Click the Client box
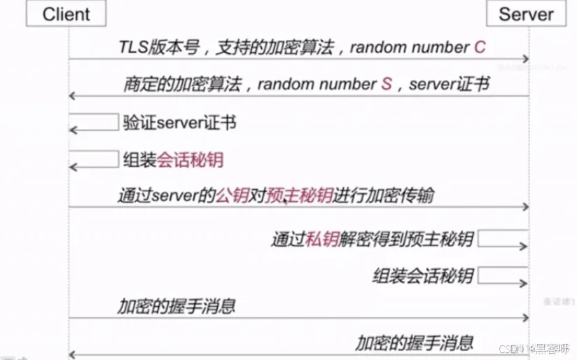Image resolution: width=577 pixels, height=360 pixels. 67,13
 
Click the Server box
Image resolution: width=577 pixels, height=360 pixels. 526,13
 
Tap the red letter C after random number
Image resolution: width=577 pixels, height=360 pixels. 479,48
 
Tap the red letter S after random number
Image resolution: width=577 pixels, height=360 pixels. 387,84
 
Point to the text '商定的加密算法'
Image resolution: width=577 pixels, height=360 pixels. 183,84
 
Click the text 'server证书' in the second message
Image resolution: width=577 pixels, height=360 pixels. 449,84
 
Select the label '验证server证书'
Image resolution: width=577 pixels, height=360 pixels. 179,123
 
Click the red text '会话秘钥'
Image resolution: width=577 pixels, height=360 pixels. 190,160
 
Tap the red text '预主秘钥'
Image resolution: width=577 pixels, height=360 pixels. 300,195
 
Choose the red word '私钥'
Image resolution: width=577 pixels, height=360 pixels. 322,240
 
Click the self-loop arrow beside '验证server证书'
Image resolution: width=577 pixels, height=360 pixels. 94,123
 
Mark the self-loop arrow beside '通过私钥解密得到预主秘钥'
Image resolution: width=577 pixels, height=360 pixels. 503,240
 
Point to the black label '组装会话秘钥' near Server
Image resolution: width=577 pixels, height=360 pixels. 423,275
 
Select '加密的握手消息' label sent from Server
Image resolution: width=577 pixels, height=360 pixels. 414,342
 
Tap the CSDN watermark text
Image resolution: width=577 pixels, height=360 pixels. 533,348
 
